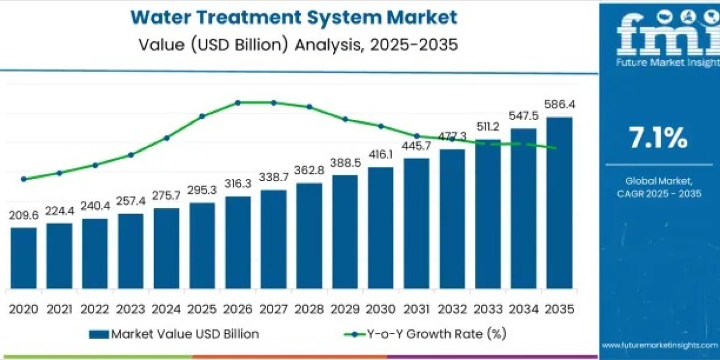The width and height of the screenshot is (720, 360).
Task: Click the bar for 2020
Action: (x=23, y=258)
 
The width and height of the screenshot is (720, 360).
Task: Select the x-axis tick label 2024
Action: (x=166, y=309)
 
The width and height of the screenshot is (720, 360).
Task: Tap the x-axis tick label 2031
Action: (x=416, y=309)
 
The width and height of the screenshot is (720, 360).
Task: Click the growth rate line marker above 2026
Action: (x=238, y=103)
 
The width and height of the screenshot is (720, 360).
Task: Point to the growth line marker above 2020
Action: (x=23, y=179)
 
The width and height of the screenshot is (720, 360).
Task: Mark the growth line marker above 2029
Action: (x=345, y=119)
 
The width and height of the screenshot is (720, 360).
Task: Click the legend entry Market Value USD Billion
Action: (x=174, y=334)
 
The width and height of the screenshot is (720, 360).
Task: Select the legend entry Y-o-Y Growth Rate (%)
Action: (x=420, y=334)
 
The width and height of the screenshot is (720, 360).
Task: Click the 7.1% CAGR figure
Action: (x=658, y=139)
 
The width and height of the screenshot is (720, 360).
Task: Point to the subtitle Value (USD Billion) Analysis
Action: (x=293, y=44)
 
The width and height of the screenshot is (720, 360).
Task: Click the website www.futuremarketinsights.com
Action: (x=659, y=346)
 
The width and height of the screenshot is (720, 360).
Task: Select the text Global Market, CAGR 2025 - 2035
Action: (x=658, y=187)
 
